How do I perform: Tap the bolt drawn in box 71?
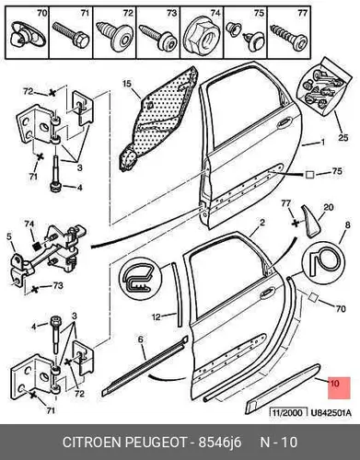point(71,35)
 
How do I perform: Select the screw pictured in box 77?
point(288,38)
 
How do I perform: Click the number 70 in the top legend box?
point(41,13)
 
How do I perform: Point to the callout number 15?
point(127,83)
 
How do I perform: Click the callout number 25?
point(343,137)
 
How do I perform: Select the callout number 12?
point(157,316)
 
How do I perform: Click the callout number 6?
point(140,339)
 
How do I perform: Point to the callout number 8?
point(347,225)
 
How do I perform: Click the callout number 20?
point(329,208)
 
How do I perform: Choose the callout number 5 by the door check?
point(9,236)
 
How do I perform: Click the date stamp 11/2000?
point(288,412)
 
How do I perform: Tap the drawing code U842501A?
point(331,413)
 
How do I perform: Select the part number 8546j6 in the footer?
point(220,443)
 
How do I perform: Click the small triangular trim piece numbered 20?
point(309,221)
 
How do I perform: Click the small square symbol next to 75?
point(309,175)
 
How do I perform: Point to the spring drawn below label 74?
point(37,246)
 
